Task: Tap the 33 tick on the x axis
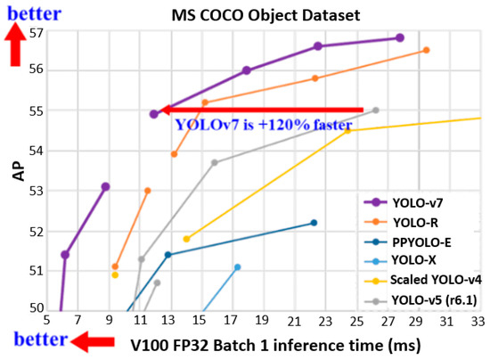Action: [478, 319]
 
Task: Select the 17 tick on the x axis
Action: [232, 319]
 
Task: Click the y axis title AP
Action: [16, 172]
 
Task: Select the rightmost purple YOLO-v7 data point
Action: [400, 37]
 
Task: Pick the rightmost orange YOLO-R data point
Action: [426, 50]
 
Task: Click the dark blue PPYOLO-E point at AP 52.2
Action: [314, 223]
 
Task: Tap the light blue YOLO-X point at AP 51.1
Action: [237, 266]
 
